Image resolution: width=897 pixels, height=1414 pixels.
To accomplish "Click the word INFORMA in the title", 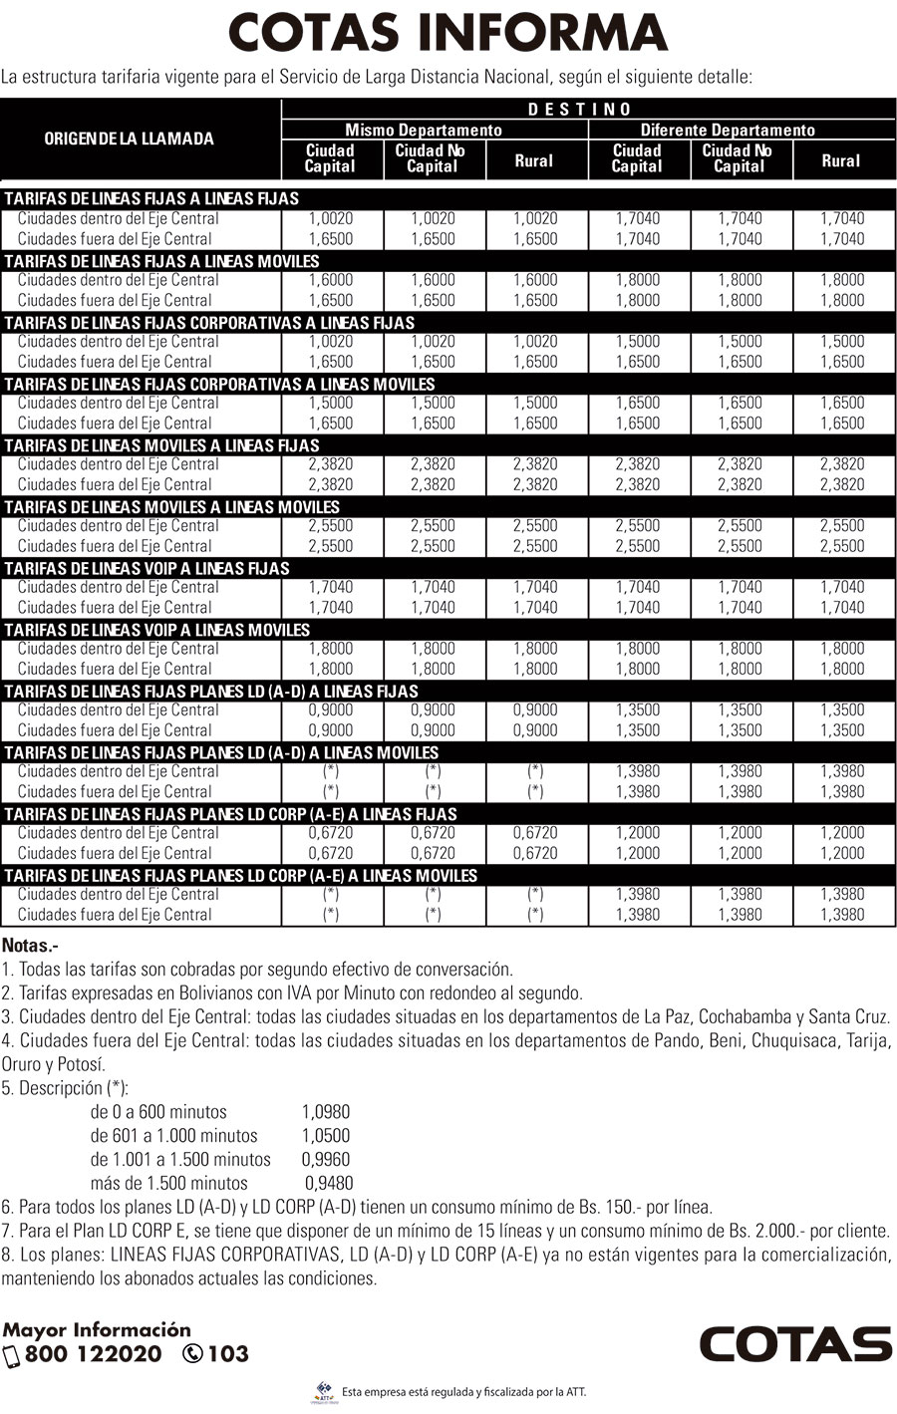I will point(541,32).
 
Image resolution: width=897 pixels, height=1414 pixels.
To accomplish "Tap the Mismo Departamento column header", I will point(424,131).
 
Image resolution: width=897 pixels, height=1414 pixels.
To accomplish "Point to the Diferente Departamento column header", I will point(728,131).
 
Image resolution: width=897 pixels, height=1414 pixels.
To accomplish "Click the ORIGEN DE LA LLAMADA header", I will point(129,139).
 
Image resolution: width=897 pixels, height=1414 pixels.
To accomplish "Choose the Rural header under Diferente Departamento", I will point(840,160).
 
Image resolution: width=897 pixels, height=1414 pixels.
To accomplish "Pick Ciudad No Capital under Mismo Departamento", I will point(432,158).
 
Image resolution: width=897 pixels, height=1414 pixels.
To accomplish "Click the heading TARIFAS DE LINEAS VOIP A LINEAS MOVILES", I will point(157,630).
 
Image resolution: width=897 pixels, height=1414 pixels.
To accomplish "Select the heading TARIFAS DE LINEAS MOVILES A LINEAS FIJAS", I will point(161,445).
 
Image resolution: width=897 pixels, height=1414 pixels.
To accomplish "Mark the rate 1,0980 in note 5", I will point(326,1112).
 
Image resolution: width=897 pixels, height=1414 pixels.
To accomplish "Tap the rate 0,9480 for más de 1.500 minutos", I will point(329,1184).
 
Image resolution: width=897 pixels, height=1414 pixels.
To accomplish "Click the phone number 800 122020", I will point(93,1354).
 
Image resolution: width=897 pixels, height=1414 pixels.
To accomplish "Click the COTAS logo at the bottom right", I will point(795,1344).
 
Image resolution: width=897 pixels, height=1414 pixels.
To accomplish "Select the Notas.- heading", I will point(30,945).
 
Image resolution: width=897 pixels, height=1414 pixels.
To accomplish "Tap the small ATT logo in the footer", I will point(324,1391).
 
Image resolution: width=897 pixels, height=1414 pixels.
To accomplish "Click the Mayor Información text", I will point(97,1329).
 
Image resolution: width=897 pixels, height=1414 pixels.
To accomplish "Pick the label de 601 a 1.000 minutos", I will point(173,1136).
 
